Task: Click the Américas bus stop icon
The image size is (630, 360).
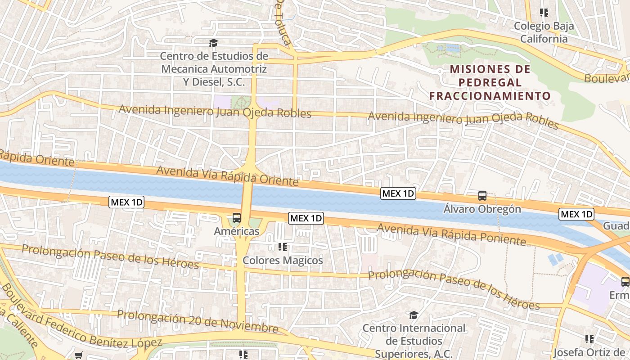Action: pyautogui.click(x=237, y=218)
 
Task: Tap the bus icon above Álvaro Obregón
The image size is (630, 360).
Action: pyautogui.click(x=482, y=196)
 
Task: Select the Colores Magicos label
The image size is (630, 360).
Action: pyautogui.click(x=283, y=260)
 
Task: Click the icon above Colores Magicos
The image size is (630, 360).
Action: pyautogui.click(x=283, y=247)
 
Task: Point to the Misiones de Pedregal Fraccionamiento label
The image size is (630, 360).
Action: pyautogui.click(x=490, y=82)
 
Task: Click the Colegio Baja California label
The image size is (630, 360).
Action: pyautogui.click(x=544, y=32)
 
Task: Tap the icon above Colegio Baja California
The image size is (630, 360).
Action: pyautogui.click(x=544, y=13)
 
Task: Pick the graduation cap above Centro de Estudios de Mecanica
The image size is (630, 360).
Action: pyautogui.click(x=213, y=43)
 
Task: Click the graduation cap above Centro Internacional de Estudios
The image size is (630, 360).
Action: pyautogui.click(x=414, y=315)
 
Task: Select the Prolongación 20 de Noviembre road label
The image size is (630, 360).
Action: pyautogui.click(x=198, y=321)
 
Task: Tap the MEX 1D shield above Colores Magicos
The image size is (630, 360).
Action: pyautogui.click(x=306, y=218)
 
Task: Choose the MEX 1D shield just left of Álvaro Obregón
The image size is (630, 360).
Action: pyautogui.click(x=398, y=194)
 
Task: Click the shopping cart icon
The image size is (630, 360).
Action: pyautogui.click(x=79, y=355)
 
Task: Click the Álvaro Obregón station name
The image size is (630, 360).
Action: pyautogui.click(x=482, y=209)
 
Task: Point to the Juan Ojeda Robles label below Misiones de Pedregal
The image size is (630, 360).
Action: pyautogui.click(x=463, y=119)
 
